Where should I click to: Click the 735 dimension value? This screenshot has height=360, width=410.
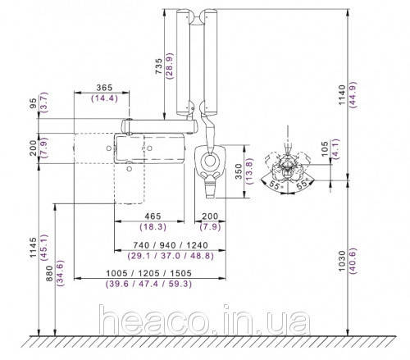click(x=158, y=66)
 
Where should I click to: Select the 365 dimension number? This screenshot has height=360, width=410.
click(x=104, y=88)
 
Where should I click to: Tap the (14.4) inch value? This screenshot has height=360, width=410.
click(x=104, y=98)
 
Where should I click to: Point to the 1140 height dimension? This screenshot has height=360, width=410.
click(x=342, y=94)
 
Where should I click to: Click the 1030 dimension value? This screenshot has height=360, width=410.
click(x=342, y=261)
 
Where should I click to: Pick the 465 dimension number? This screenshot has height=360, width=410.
click(x=153, y=216)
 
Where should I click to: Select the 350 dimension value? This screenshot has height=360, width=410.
click(x=239, y=171)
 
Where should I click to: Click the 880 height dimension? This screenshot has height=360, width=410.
click(x=49, y=273)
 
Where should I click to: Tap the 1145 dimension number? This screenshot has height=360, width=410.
click(x=33, y=248)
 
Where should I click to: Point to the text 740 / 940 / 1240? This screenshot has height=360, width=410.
click(x=171, y=245)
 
